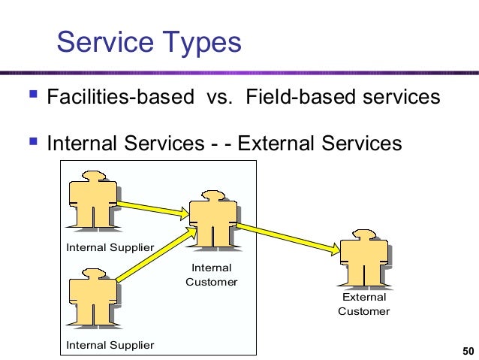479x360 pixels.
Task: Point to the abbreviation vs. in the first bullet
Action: tap(218, 98)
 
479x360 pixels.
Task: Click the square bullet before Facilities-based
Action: tap(31, 96)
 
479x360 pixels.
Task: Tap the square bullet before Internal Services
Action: tap(31, 141)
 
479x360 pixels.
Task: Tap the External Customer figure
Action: tap(363, 259)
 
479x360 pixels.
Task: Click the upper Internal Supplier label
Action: tap(110, 247)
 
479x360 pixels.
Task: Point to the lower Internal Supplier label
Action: tap(110, 345)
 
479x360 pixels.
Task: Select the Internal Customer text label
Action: tap(212, 275)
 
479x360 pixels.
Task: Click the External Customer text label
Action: tap(364, 304)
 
